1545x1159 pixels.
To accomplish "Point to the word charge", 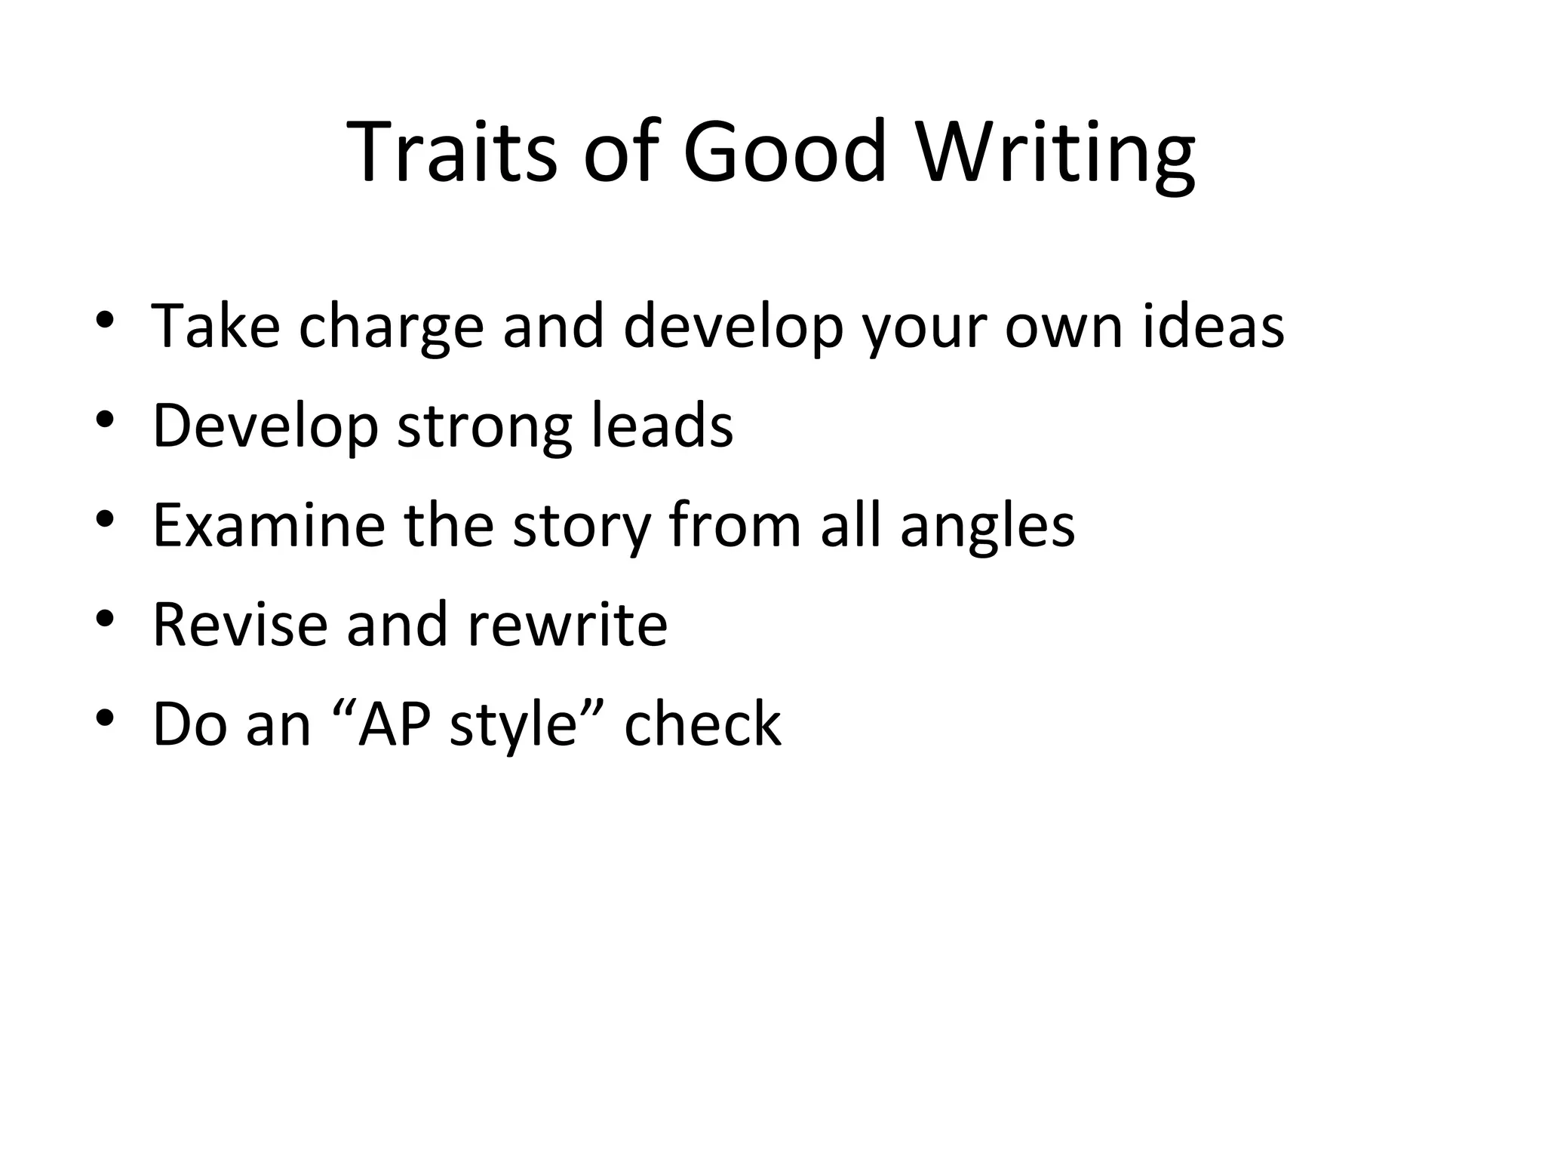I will (391, 327).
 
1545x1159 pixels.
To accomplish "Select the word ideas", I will (1213, 327).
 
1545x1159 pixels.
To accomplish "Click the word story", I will (582, 526).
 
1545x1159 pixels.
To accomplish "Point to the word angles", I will (988, 526).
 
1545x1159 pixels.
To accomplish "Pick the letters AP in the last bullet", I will (395, 724).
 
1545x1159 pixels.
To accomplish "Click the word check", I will (702, 724).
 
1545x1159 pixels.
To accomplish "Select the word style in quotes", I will (512, 724).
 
